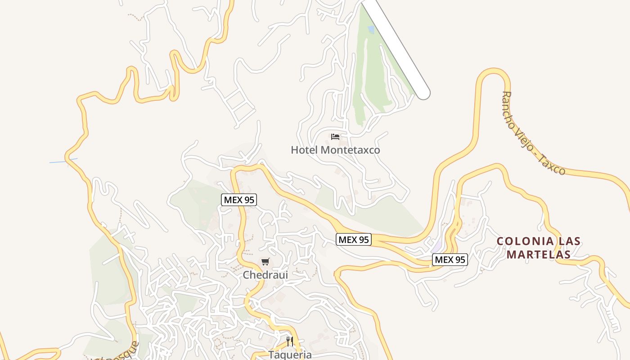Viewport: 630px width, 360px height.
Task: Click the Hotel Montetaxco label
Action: click(x=335, y=150)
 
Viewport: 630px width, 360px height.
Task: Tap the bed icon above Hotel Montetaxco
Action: click(x=335, y=136)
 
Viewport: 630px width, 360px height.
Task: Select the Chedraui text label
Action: click(x=265, y=274)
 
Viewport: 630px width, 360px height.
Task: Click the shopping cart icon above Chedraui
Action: click(x=265, y=262)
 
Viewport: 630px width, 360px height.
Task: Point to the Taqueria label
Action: click(x=290, y=355)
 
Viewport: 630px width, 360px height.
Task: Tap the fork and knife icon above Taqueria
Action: click(x=290, y=342)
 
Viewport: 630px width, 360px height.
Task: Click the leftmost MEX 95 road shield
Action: click(x=239, y=200)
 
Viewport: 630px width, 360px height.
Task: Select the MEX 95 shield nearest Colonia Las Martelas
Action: click(x=450, y=260)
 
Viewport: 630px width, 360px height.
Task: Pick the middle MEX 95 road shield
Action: click(x=354, y=240)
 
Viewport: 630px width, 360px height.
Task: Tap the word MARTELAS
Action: click(x=539, y=255)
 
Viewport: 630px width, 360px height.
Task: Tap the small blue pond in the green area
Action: click(x=371, y=30)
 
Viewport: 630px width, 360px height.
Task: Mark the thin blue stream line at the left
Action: click(x=63, y=161)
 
